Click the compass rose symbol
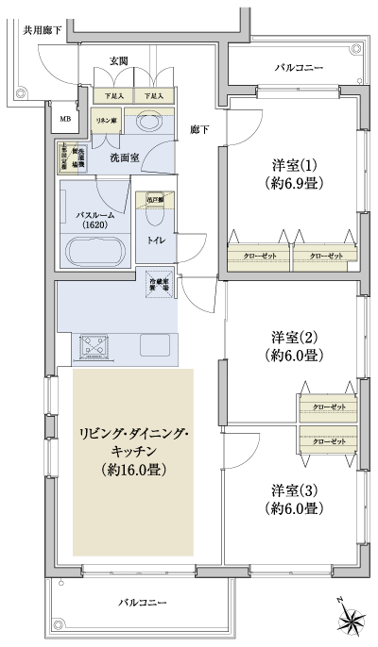pos(352,619)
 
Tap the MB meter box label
pos(64,119)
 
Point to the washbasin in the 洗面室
pos(148,124)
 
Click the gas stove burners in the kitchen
pos(95,345)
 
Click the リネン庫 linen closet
pos(103,123)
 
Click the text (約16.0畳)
pos(132,468)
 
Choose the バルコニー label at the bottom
pos(143,601)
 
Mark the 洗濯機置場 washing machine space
pos(72,158)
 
